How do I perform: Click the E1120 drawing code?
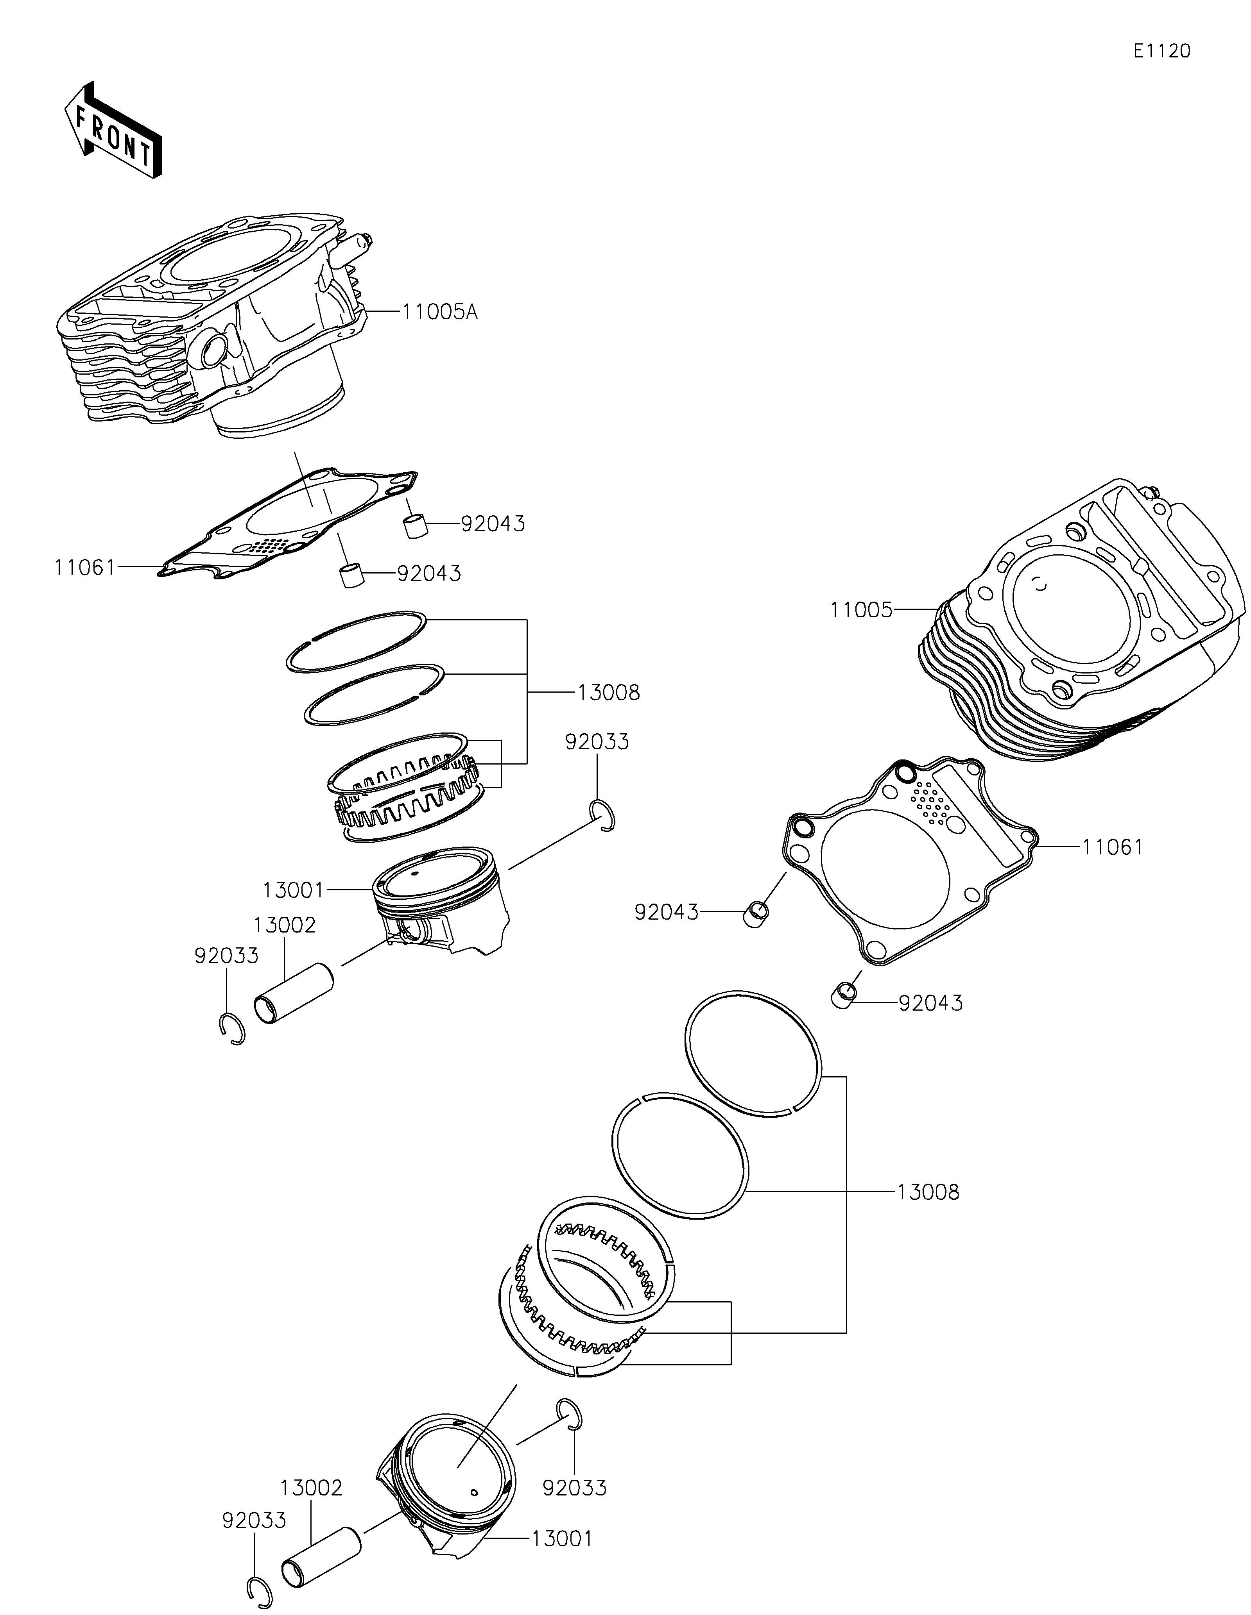click(x=1161, y=51)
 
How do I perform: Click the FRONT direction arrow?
click(x=113, y=130)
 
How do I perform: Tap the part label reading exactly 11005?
click(x=861, y=610)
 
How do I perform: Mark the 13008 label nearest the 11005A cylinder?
click(x=608, y=693)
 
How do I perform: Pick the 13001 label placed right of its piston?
click(x=562, y=1539)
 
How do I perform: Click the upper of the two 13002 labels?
click(x=285, y=925)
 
